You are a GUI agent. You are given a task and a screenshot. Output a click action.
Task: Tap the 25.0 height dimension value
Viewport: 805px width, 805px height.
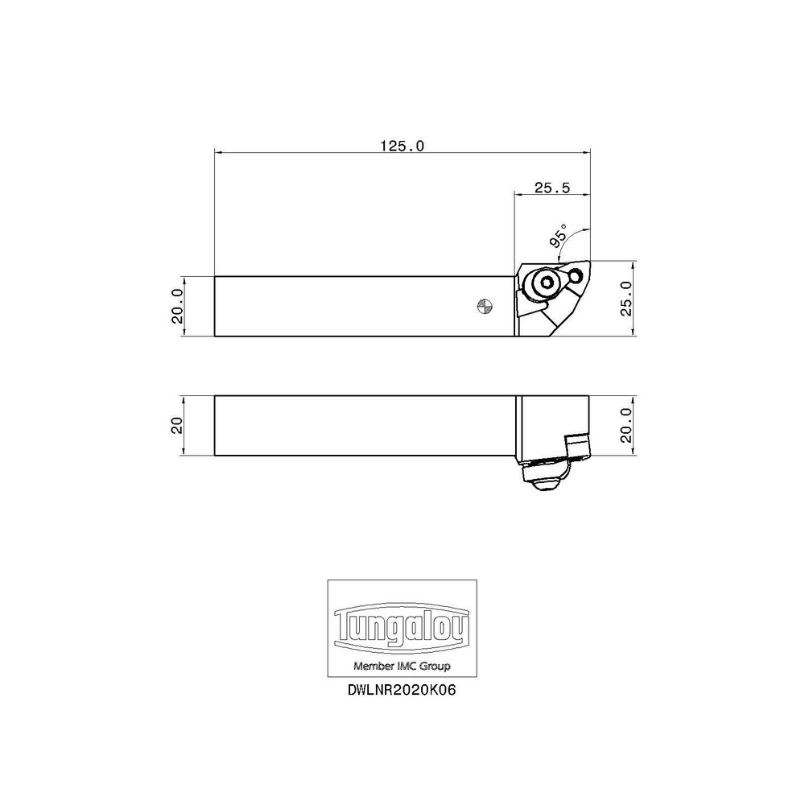[628, 298]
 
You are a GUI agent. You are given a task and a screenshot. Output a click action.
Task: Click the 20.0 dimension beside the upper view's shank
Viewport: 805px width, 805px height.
[178, 307]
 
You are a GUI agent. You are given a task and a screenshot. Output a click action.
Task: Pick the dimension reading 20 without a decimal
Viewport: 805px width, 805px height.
[178, 425]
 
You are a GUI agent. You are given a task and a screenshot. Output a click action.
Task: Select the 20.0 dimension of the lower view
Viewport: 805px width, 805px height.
[628, 425]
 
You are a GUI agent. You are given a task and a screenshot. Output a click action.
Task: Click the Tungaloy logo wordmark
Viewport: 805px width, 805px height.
[402, 628]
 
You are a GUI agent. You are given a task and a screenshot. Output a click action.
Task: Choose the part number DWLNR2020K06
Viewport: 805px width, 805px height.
[402, 691]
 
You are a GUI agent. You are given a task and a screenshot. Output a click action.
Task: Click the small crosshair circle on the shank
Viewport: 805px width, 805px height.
[484, 305]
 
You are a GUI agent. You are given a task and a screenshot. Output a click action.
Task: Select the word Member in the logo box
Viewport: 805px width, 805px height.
[375, 667]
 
